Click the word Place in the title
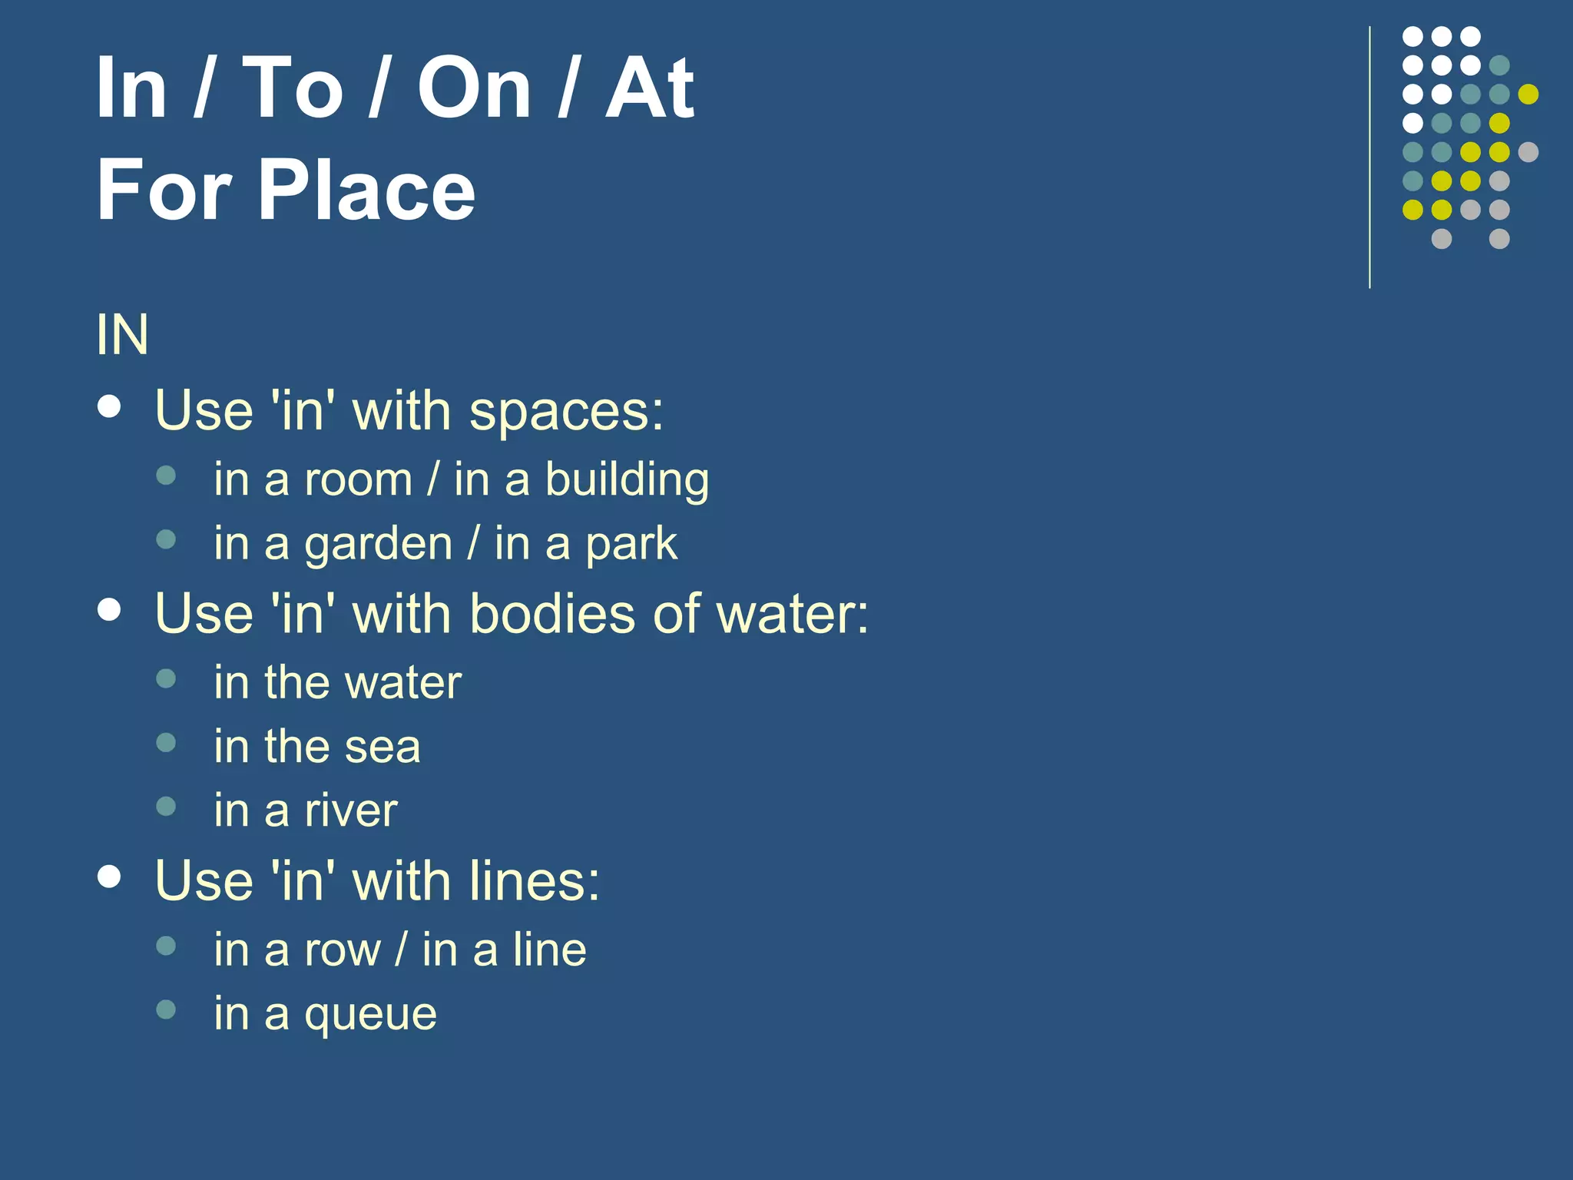[x=366, y=190]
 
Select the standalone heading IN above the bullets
[x=122, y=335]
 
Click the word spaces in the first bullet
[x=566, y=411]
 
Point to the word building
[x=627, y=480]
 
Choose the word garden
[x=379, y=545]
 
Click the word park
[x=631, y=545]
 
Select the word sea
[x=382, y=747]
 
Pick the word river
[x=351, y=810]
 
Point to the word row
[x=343, y=950]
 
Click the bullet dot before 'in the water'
[x=166, y=678]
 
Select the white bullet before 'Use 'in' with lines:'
[x=110, y=877]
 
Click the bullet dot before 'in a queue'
[x=166, y=1009]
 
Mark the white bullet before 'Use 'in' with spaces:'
[x=110, y=407]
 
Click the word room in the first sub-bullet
[x=359, y=480]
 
